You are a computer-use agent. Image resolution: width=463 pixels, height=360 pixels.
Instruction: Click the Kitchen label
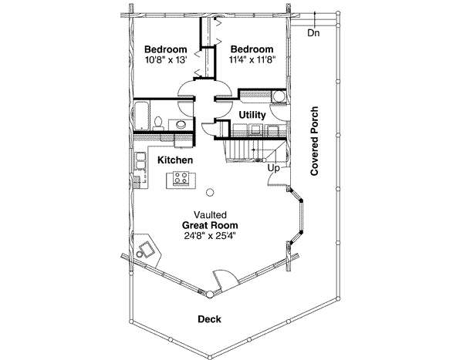tap(175, 160)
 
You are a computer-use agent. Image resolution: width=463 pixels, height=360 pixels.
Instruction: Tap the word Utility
tap(252, 115)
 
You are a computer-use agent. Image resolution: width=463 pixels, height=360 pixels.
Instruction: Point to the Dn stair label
tap(313, 33)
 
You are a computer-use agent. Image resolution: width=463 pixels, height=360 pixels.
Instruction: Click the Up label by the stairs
tap(272, 167)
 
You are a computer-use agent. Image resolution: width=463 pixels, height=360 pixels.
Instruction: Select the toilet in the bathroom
tap(157, 122)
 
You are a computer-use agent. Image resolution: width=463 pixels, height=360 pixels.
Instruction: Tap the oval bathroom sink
tap(180, 124)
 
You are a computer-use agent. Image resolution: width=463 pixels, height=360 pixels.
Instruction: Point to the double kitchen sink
tap(140, 161)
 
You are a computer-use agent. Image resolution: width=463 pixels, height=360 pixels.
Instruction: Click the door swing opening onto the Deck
tap(221, 278)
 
